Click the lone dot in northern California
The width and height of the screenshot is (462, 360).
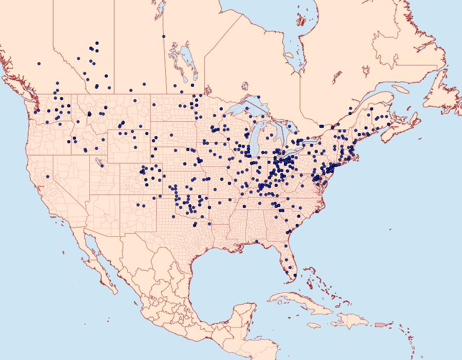(x=47, y=176)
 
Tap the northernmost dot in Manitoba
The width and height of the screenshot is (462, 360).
(x=163, y=36)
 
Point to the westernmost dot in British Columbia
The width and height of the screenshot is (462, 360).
(x=38, y=64)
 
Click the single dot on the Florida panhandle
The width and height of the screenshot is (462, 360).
(x=256, y=241)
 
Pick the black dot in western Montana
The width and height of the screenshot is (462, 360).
(x=89, y=114)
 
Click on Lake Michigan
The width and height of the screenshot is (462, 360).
(x=257, y=139)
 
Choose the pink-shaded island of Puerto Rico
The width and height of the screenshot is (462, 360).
(x=380, y=325)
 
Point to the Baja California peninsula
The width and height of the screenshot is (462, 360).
(x=98, y=262)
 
